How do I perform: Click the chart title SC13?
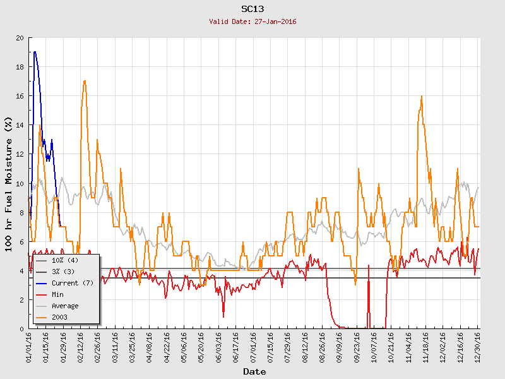252,9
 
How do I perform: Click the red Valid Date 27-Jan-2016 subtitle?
252,21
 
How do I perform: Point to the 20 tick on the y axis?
20,38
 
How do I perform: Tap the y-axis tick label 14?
20,125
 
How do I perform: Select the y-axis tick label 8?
22,212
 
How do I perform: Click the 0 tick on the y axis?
22,328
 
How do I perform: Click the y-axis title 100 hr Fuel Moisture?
9,183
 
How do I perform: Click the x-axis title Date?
254,371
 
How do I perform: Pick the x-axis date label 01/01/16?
29,347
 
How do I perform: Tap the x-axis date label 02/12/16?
81,347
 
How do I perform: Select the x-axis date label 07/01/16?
254,347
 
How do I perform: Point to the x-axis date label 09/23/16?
357,347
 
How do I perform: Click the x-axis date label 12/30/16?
478,347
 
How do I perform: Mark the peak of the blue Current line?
35,52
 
